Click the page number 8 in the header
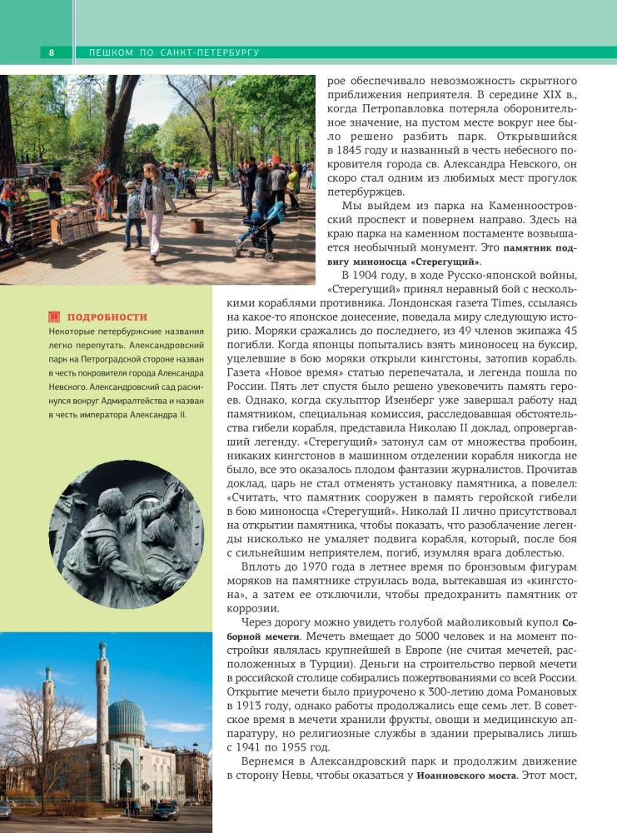(51, 53)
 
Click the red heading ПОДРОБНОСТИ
(107, 317)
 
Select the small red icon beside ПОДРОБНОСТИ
(55, 317)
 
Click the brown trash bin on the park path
(197, 226)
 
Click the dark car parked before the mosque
(164, 811)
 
